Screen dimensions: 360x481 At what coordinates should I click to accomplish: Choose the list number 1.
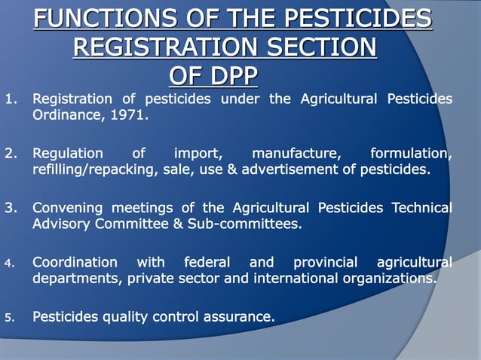[10, 99]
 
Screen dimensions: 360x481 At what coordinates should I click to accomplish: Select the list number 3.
[10, 208]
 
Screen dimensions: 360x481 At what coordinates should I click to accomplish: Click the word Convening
[67, 208]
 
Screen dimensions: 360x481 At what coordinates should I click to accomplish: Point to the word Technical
[421, 208]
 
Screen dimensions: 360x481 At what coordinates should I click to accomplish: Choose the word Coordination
[75, 263]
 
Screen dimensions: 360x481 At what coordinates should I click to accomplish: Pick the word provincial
[326, 263]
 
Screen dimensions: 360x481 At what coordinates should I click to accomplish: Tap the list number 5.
[10, 317]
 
